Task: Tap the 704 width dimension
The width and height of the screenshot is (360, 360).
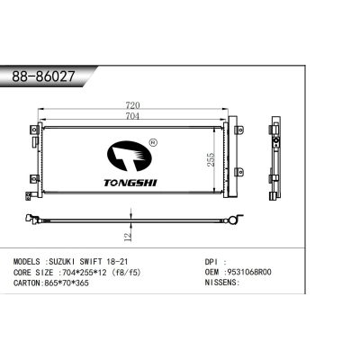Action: coord(132,115)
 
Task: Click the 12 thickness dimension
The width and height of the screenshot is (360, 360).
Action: coord(129,234)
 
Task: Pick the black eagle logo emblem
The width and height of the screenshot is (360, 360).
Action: coord(130,156)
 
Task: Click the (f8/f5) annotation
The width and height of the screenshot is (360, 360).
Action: coord(126,270)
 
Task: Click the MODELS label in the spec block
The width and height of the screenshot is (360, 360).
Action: coord(26,259)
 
